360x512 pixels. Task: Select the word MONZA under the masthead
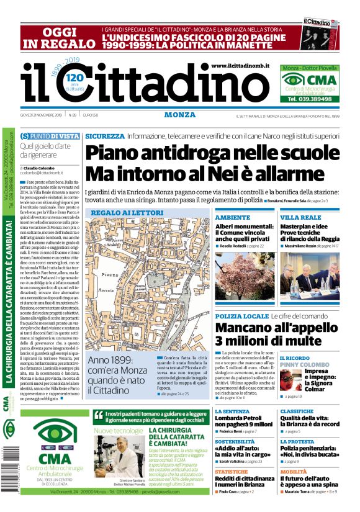180,115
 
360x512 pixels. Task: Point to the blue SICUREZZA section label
105,135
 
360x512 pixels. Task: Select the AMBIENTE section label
232,218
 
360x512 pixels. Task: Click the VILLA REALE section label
300,218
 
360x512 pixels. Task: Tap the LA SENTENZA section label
233,411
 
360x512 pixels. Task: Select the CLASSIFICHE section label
297,411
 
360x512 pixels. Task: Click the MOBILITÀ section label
294,471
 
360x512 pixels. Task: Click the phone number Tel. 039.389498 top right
308,99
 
